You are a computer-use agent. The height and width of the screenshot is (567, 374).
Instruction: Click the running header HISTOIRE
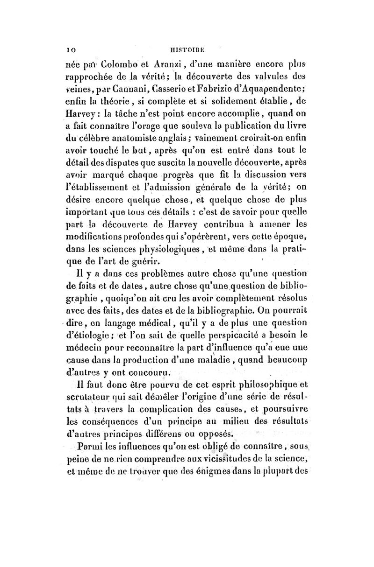187,49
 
